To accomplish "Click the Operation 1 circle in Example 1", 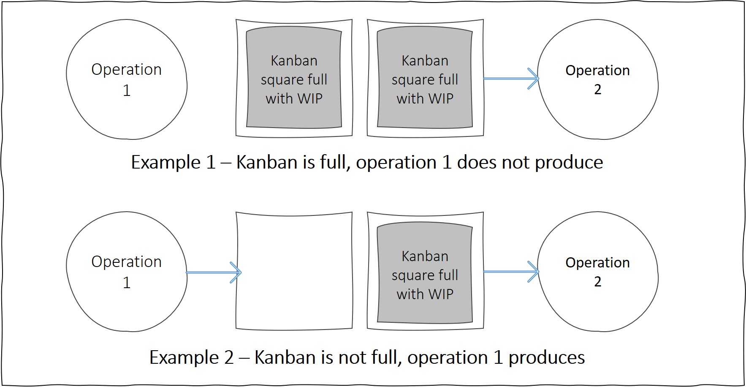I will click(x=126, y=79).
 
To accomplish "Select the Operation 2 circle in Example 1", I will click(x=597, y=79).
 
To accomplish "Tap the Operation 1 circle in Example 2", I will click(x=126, y=272).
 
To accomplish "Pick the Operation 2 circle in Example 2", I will click(x=597, y=272).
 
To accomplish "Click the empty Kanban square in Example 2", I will click(x=294, y=270).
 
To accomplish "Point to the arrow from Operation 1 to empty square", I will click(x=213, y=272).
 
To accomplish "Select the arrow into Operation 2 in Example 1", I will click(x=511, y=79).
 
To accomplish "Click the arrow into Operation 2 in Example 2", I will click(x=511, y=271).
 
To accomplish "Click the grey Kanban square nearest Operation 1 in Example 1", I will click(x=294, y=79).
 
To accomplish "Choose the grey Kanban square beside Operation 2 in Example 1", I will click(x=425, y=79).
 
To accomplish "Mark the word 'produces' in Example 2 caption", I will click(x=546, y=358).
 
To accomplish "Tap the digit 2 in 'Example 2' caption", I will click(x=229, y=358).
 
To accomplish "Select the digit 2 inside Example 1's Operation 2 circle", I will click(x=597, y=90).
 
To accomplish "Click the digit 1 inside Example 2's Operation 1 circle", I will click(x=126, y=283).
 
